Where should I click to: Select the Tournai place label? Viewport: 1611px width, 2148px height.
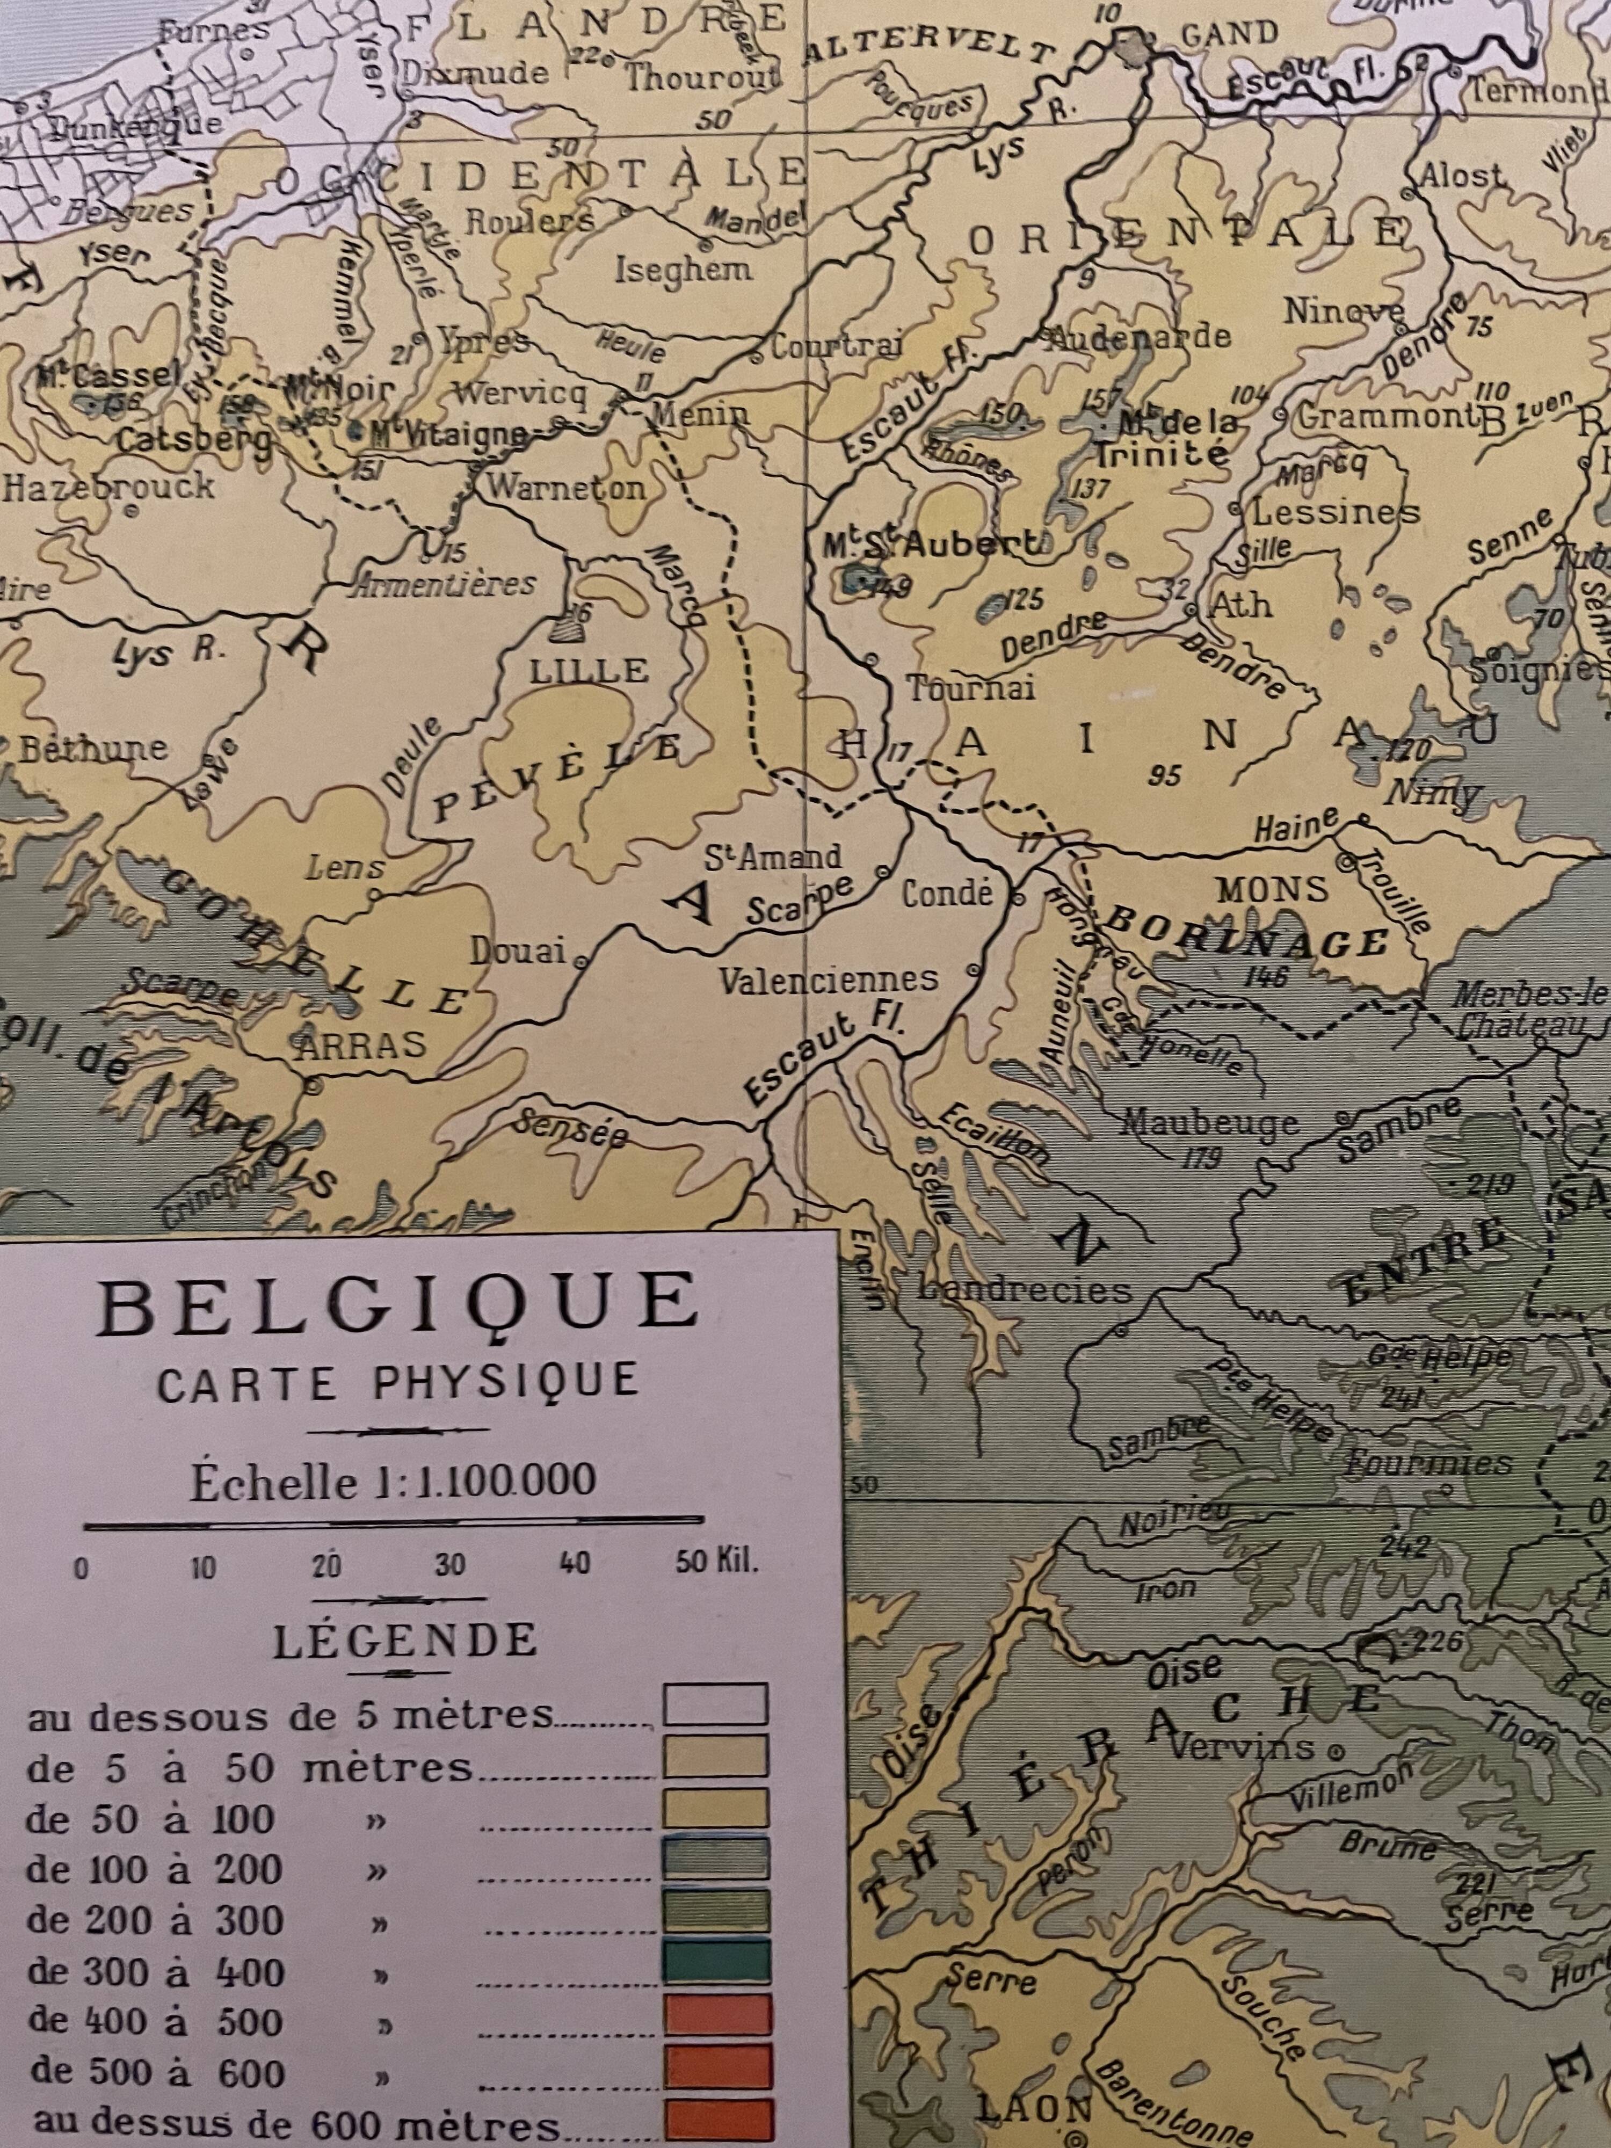point(971,687)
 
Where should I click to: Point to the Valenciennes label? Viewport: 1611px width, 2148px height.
point(828,979)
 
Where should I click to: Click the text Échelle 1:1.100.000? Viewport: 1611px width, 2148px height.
point(393,1482)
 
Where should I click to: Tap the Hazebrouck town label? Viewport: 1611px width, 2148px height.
point(109,485)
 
